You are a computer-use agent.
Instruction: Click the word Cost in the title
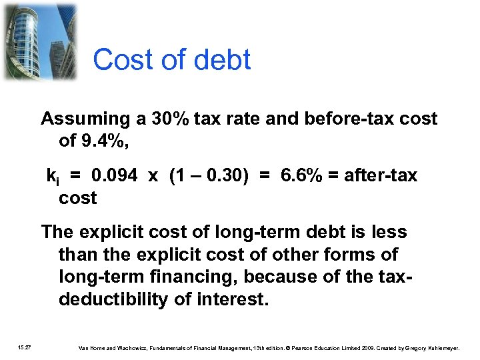[x=119, y=60]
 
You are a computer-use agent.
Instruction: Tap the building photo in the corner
[x=39, y=41]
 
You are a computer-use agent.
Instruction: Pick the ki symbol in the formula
[x=53, y=177]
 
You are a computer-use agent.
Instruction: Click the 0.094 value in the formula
[x=115, y=176]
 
